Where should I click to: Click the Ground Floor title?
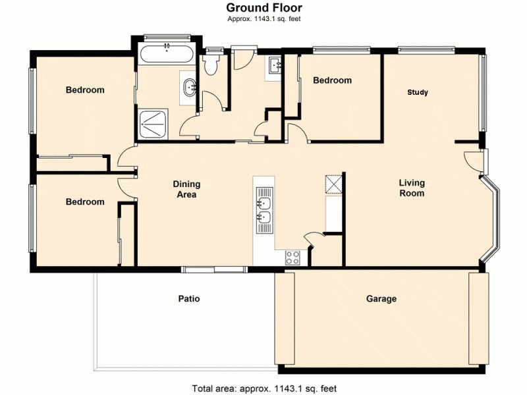pyautogui.click(x=264, y=8)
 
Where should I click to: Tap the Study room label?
pyautogui.click(x=418, y=92)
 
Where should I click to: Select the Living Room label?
pyautogui.click(x=412, y=188)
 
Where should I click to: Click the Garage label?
pyautogui.click(x=381, y=299)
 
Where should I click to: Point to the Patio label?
pyautogui.click(x=189, y=299)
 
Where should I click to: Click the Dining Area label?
pyautogui.click(x=185, y=190)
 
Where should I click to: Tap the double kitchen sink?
pyautogui.click(x=264, y=210)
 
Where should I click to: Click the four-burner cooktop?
pyautogui.click(x=292, y=257)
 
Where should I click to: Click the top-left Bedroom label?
pyautogui.click(x=85, y=90)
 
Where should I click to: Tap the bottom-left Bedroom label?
pyautogui.click(x=85, y=202)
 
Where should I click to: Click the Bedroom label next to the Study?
pyautogui.click(x=332, y=80)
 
